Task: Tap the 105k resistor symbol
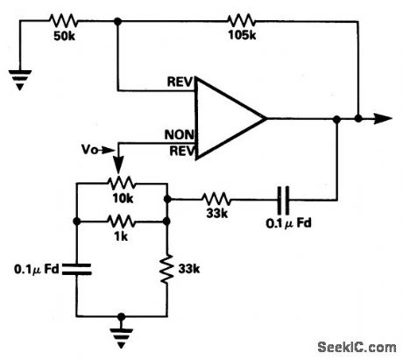242,19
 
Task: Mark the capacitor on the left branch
76,268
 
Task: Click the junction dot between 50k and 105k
118,19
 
